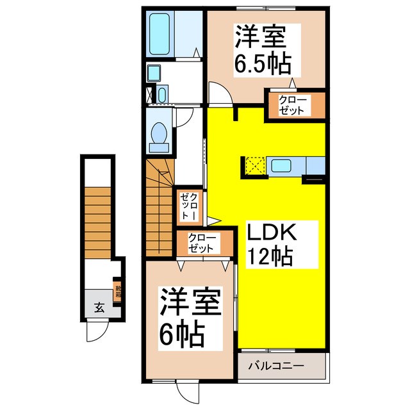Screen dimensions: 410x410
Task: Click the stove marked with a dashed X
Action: (x=254, y=166)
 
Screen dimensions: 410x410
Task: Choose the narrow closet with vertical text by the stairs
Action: (x=190, y=206)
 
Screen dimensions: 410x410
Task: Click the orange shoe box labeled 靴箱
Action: (x=117, y=292)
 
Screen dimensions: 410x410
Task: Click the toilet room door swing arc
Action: (x=184, y=115)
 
